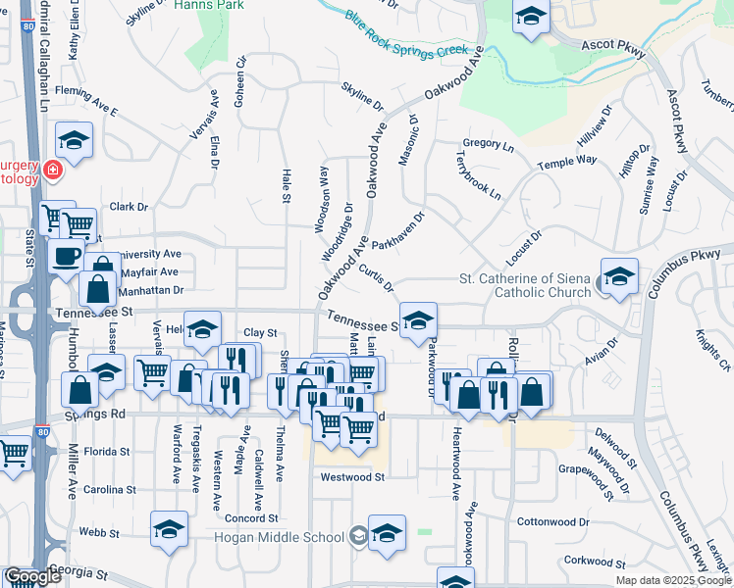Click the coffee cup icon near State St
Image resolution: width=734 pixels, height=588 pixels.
point(66,256)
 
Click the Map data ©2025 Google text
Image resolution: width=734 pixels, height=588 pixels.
point(672,580)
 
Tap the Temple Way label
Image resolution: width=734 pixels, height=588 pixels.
point(573,161)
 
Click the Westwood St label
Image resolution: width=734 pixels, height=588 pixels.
point(351,477)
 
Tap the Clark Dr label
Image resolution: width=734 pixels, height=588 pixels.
point(129,207)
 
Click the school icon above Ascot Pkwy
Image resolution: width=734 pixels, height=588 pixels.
point(531,18)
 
